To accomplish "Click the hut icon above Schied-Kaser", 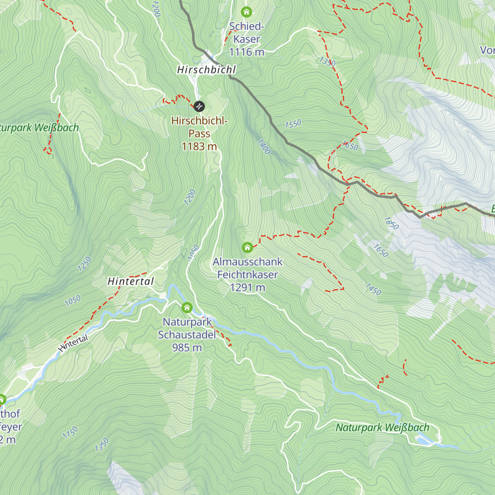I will (x=246, y=12).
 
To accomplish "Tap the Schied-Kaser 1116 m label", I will (x=247, y=39).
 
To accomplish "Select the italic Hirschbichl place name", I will (x=206, y=70).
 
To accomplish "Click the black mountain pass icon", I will (x=199, y=106).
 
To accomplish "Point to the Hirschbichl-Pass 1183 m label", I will (x=199, y=134).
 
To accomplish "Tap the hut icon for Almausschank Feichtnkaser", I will (x=247, y=247).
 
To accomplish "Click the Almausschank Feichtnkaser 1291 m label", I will (x=247, y=274).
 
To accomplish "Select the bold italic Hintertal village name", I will (x=131, y=281).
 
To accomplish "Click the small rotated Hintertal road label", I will (x=73, y=343).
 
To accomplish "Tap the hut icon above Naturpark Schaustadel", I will (x=187, y=307).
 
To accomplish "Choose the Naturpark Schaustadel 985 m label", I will (x=187, y=335).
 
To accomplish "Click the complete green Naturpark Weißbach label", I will (x=382, y=428).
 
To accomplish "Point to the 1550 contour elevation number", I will (x=293, y=124).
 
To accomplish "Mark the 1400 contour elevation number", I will (x=264, y=147).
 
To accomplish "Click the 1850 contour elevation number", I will (x=391, y=223).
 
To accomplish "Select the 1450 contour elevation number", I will (x=373, y=289).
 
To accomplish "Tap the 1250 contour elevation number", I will (x=84, y=264).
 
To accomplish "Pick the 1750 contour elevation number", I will (x=70, y=432).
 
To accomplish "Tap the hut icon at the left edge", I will (x=2, y=399).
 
